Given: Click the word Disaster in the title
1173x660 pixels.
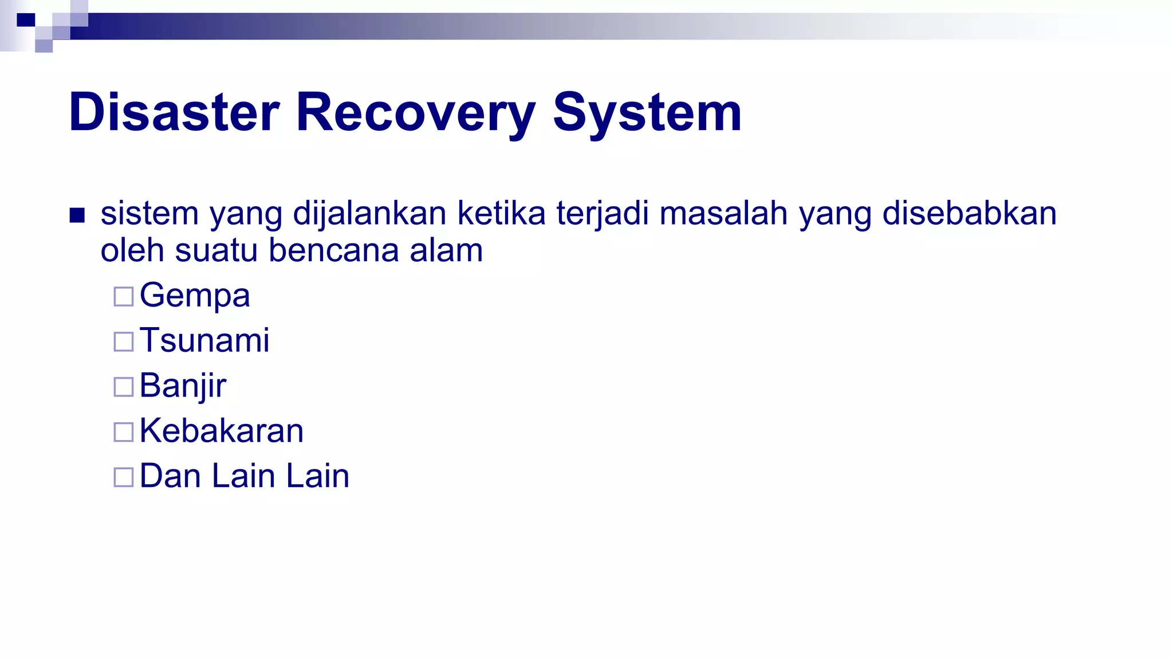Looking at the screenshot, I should [x=174, y=112].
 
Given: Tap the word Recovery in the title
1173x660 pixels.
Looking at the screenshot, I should [x=416, y=112].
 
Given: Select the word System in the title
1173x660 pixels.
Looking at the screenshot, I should [x=647, y=112].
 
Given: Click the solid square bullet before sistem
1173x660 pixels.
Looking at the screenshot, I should [x=77, y=215].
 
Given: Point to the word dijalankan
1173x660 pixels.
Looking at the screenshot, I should [x=369, y=214].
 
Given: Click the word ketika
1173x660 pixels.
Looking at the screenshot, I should [x=501, y=214].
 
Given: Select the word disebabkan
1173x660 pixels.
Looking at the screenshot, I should [x=969, y=214].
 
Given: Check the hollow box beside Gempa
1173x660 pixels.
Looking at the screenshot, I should [x=124, y=297].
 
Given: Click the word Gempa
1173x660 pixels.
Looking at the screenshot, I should [x=195, y=296].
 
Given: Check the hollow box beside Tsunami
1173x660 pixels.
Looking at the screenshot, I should [x=124, y=341].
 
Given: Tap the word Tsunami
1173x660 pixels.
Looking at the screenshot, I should [x=204, y=340].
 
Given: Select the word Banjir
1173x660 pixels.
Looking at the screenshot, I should [x=183, y=386].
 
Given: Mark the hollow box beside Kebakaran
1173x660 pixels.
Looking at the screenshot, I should [x=124, y=432].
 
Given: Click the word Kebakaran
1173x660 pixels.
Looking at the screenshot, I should [x=222, y=431].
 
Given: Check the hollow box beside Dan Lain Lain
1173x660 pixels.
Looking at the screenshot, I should [x=124, y=477].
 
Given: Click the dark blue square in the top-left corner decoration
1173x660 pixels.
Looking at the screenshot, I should [x=26, y=20].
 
